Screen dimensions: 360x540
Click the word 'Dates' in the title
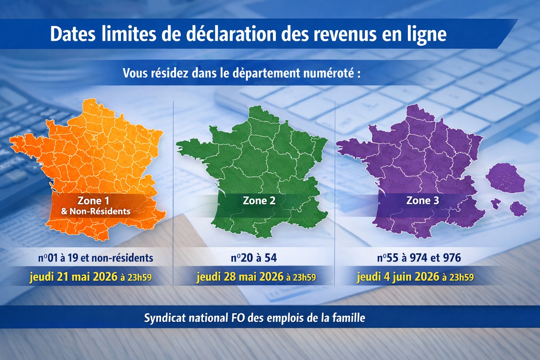point(72,34)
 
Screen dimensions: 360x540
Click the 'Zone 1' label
point(93,201)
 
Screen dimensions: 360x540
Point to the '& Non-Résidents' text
point(96,211)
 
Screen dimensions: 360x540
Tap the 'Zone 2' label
point(259,201)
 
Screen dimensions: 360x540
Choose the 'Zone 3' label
point(423,200)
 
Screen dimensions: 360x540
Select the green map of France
point(260,158)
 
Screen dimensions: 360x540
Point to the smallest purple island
point(496,203)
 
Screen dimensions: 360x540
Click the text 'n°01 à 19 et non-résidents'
point(96,258)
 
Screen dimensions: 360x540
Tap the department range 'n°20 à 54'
point(254,258)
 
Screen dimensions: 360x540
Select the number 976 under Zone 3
point(452,258)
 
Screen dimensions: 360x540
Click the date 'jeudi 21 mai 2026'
point(73,277)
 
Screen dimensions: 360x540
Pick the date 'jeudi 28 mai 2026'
point(240,277)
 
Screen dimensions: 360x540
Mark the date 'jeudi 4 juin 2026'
point(398,277)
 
